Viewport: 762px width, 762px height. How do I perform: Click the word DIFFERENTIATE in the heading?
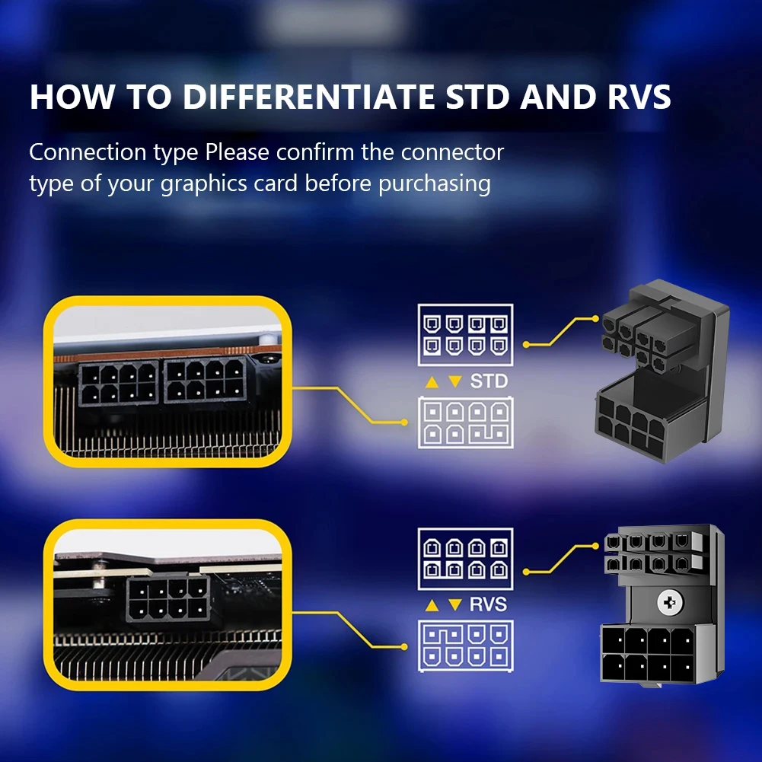pos(305,97)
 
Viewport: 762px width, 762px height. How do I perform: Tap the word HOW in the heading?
pos(69,97)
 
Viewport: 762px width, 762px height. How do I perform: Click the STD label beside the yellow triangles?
pos(489,381)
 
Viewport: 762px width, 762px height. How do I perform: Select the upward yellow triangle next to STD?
pos(432,381)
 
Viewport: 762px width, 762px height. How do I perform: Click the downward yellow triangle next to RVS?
pos(455,605)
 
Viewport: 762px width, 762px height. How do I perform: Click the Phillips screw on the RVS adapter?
pos(671,603)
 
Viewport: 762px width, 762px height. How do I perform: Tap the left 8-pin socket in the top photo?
pos(119,382)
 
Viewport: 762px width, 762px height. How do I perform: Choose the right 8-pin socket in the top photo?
pos(204,382)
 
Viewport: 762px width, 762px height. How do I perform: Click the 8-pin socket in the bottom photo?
pos(167,598)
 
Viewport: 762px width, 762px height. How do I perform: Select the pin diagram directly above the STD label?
pos(465,336)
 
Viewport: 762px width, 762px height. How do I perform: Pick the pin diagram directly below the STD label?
pos(465,422)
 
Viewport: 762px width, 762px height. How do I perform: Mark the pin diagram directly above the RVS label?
pos(465,557)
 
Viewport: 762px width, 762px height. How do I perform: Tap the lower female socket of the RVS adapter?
pos(648,653)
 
